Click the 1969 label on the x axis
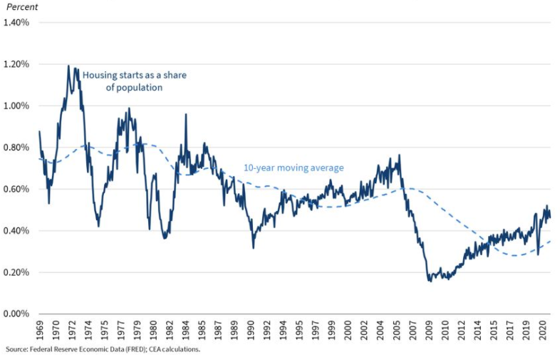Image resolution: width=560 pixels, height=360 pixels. coord(39,331)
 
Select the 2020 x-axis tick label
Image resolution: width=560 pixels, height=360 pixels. coord(541,331)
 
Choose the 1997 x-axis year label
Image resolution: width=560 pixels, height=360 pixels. coord(316,331)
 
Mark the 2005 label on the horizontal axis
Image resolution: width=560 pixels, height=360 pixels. coord(396,331)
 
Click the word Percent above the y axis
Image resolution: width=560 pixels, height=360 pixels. coord(21,6)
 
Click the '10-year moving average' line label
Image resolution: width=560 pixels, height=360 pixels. coord(294,168)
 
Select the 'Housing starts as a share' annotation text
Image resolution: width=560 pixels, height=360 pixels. coord(134,75)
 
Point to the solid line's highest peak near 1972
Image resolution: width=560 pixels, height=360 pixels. coord(69,66)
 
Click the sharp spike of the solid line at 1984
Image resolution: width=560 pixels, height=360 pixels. coord(186,114)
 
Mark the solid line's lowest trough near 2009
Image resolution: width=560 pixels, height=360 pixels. coord(430,281)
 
